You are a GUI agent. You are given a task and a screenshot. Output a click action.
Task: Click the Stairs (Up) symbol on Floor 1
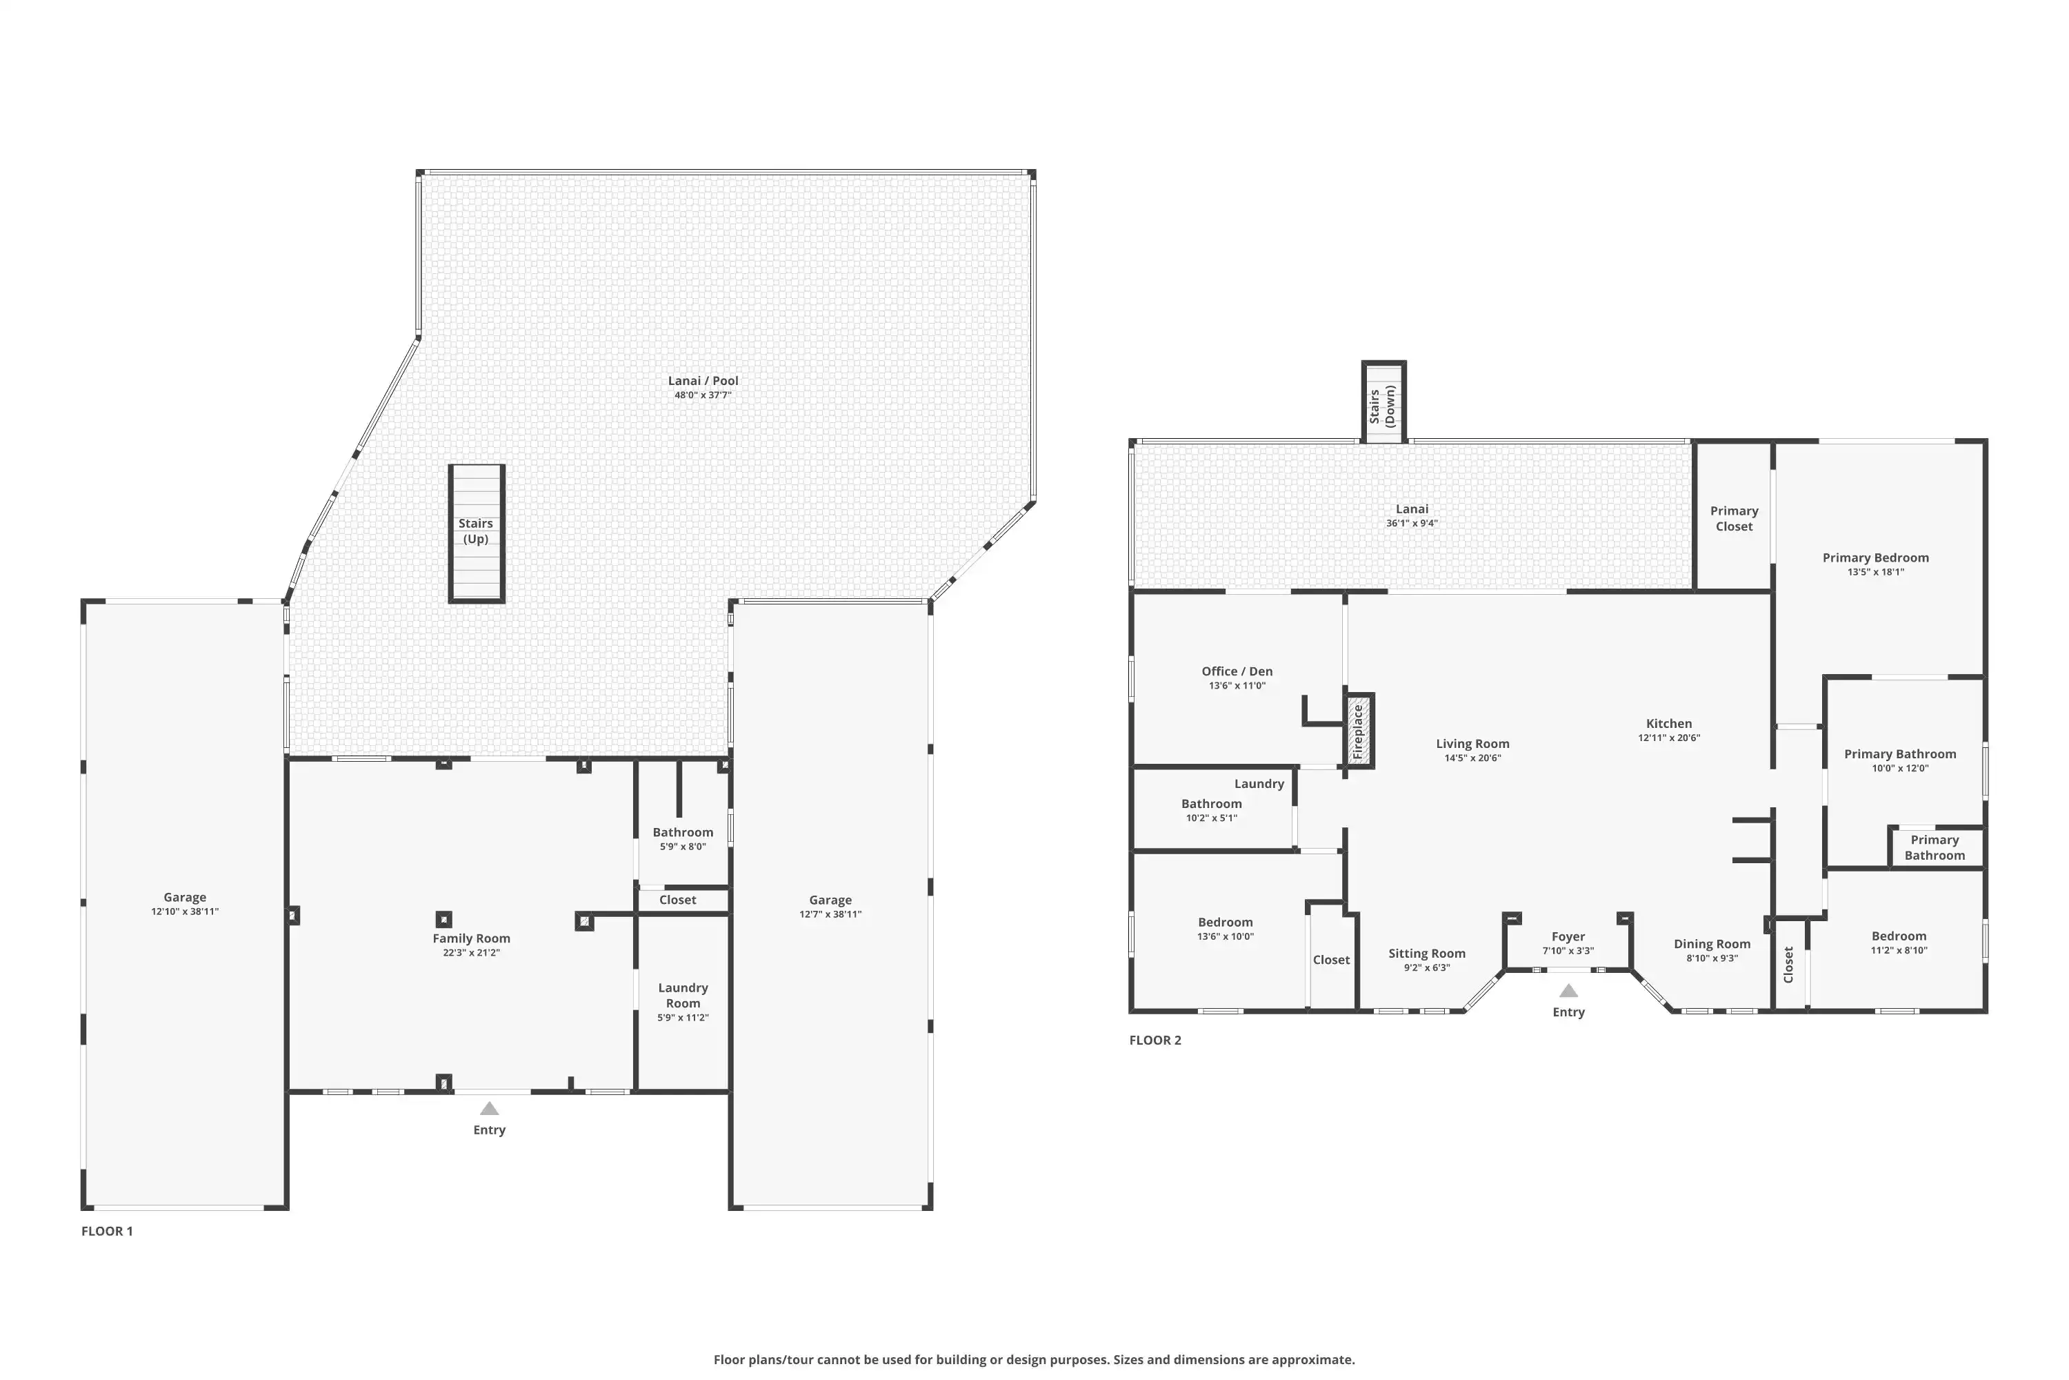(x=476, y=533)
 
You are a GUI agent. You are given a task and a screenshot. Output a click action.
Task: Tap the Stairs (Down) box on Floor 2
(x=1383, y=402)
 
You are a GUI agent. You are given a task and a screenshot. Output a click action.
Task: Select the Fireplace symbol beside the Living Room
(x=1360, y=731)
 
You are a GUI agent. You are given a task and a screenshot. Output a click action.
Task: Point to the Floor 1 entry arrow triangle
(x=489, y=1109)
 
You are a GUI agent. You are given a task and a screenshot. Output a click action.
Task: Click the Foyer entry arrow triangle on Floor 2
(x=1568, y=990)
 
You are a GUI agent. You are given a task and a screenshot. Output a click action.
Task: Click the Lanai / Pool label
(x=703, y=381)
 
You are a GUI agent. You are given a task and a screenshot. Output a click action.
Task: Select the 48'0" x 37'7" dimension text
(x=703, y=395)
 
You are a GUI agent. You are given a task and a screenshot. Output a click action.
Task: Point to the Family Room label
(x=472, y=938)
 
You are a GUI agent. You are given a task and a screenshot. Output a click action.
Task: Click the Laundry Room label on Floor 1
(x=683, y=996)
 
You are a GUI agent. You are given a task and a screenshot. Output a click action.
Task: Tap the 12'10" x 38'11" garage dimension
(x=185, y=911)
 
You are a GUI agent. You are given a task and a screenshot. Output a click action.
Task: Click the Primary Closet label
(x=1734, y=518)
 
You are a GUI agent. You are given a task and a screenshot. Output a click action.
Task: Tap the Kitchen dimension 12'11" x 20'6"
(x=1669, y=738)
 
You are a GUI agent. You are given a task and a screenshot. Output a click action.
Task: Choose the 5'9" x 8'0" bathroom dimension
(x=683, y=847)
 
